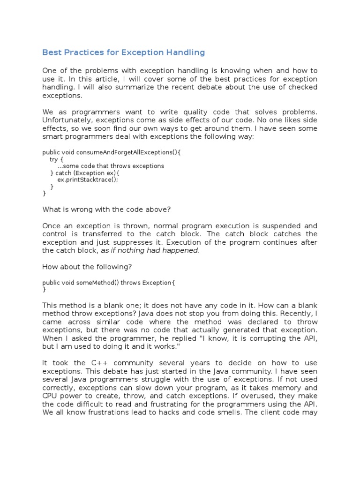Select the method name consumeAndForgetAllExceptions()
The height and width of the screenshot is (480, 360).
point(127,152)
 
